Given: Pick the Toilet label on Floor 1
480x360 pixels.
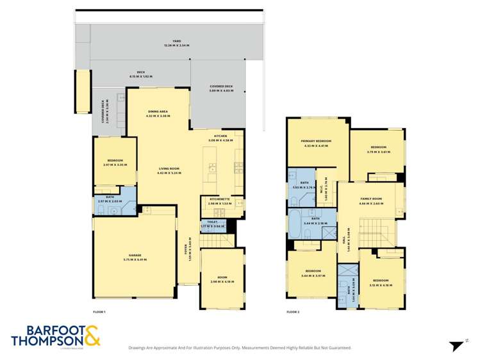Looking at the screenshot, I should (x=213, y=224).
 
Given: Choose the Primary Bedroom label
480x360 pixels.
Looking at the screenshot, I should (x=316, y=143).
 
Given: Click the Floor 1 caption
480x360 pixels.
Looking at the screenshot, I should (x=99, y=311).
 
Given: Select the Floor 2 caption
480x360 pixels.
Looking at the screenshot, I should (x=293, y=311).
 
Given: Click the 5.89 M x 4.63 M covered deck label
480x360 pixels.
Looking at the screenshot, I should (x=220, y=88).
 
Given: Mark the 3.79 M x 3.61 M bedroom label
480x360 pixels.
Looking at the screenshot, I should (x=378, y=149).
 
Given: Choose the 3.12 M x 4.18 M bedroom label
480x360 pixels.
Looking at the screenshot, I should (x=381, y=282).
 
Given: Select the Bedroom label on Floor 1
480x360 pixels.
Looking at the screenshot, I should (x=115, y=162).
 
